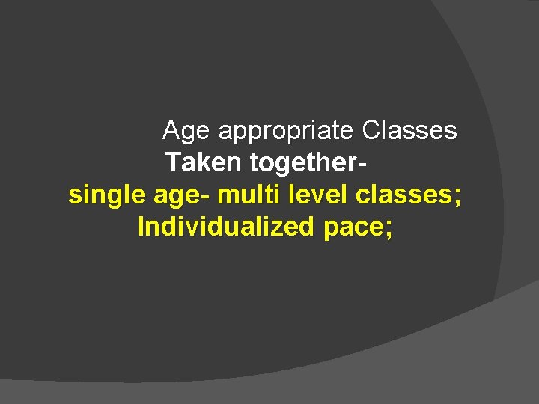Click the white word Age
[187, 132]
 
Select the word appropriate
[285, 132]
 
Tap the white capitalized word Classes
[409, 131]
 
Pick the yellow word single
[107, 195]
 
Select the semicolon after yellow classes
[457, 197]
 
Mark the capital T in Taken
[173, 162]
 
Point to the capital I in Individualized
[141, 226]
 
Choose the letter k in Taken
[201, 162]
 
